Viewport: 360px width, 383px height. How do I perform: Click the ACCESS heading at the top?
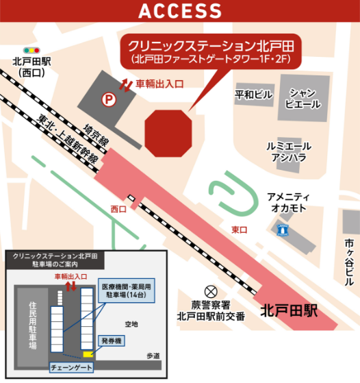[180, 11]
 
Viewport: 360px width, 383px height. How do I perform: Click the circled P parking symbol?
[107, 99]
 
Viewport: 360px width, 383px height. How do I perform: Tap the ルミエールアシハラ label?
[289, 151]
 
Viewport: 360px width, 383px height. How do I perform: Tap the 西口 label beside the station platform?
[118, 208]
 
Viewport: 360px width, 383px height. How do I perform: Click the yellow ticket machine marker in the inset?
[88, 354]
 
